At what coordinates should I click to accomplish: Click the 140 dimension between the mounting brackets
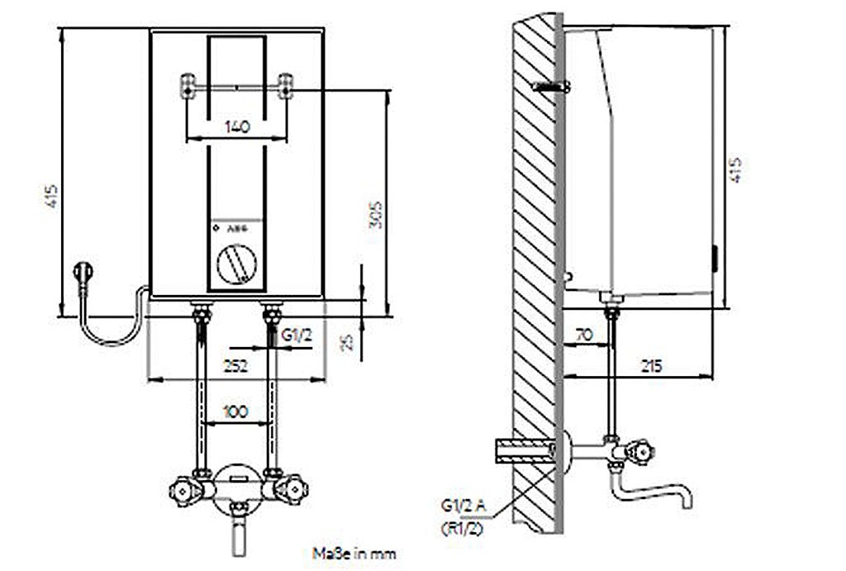pyautogui.click(x=236, y=127)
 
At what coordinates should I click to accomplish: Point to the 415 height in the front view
pyautogui.click(x=51, y=196)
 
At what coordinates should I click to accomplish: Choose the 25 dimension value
pyautogui.click(x=348, y=340)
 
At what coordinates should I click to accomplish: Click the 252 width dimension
pyautogui.click(x=236, y=367)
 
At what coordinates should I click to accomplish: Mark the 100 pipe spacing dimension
pyautogui.click(x=237, y=411)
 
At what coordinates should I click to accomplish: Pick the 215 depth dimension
pyautogui.click(x=650, y=366)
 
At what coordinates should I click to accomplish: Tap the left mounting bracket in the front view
pyautogui.click(x=189, y=86)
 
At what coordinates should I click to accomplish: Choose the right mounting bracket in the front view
pyautogui.click(x=286, y=86)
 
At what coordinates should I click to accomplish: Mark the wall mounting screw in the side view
pyautogui.click(x=551, y=86)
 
